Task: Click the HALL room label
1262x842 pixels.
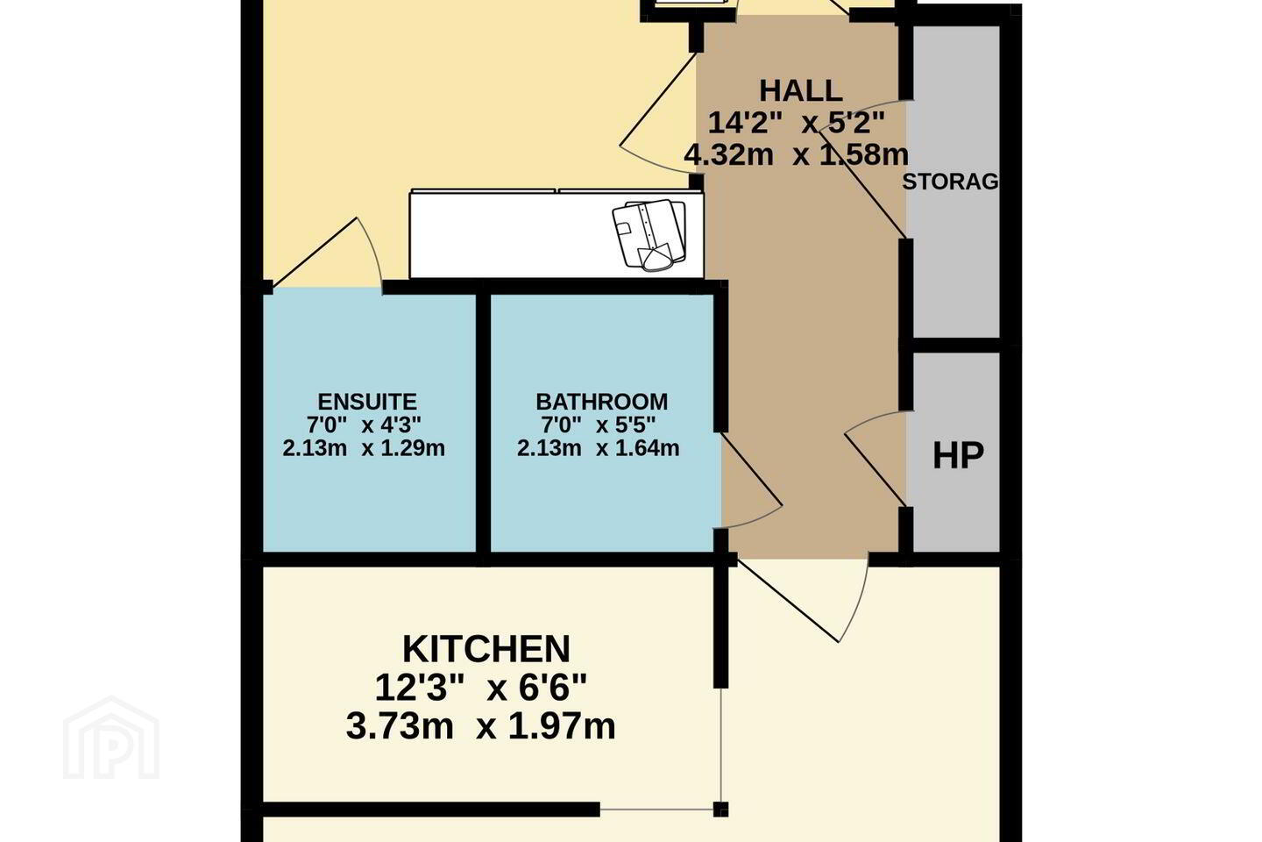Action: point(801,91)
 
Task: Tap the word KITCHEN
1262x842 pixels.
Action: point(486,649)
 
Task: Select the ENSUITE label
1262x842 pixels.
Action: point(367,402)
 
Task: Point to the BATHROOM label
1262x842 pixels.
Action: point(602,402)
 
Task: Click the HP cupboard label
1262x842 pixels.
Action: point(958,455)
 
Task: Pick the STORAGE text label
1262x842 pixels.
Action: point(951,182)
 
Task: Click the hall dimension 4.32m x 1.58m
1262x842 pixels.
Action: point(796,154)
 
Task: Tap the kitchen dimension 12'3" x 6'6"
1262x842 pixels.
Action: point(480,688)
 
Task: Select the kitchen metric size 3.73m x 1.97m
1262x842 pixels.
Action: point(480,726)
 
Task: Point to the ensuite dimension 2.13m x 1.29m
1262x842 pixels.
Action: point(364,448)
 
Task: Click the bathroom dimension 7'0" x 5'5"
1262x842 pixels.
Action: point(599,425)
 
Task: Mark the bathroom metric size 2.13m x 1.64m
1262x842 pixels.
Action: point(599,448)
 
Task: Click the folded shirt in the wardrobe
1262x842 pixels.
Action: point(649,234)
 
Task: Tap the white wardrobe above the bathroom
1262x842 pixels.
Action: point(557,234)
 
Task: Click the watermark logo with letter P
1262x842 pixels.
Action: point(111,739)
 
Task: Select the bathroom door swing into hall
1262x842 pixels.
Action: point(752,481)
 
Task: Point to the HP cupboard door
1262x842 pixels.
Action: point(876,458)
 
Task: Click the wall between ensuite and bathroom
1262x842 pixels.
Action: point(483,427)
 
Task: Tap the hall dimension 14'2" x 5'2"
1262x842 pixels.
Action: point(796,123)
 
